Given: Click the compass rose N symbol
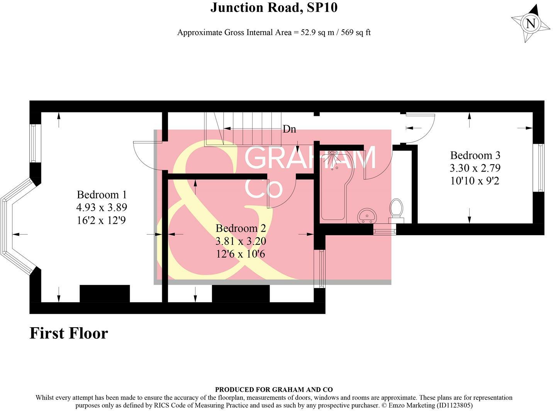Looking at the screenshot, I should pos(531,24).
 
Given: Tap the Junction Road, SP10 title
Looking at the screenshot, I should pos(274,7).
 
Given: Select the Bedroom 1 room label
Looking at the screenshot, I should pos(102,194).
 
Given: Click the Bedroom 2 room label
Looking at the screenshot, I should pos(241,228).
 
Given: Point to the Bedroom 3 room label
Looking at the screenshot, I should pos(475,155).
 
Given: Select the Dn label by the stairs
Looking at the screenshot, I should pos(289,129).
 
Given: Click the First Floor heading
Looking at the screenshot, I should pos(69,333).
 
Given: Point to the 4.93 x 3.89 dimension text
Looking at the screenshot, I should pos(102,207).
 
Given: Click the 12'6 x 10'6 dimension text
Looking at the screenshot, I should pos(241,254).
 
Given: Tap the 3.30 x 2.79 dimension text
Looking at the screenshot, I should pos(475,168).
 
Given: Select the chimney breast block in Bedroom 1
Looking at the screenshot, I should pos(105,294).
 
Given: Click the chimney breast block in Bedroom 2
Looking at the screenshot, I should pos(241,294).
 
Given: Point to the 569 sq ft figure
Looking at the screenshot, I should pos(354,32).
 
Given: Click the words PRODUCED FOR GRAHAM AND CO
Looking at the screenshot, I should pos(274,390).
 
